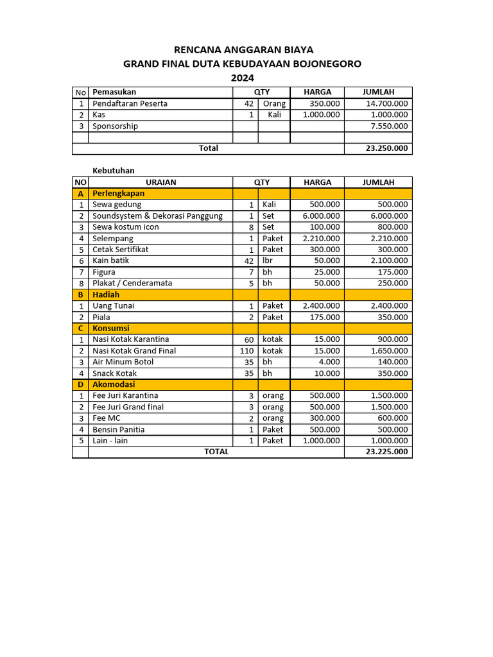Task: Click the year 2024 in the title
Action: [x=242, y=78]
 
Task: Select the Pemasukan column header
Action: [x=114, y=92]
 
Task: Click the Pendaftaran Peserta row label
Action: [x=130, y=104]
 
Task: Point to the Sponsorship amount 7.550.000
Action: [x=386, y=126]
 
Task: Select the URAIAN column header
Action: [x=160, y=182]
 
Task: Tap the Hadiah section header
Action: [x=106, y=294]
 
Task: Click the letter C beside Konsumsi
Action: [x=80, y=328]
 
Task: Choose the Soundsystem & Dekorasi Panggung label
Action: [x=157, y=216]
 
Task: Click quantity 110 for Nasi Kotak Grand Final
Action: [x=246, y=351]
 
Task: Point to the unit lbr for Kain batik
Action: [x=268, y=261]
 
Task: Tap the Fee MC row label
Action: [x=107, y=418]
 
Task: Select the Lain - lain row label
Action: [x=110, y=441]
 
